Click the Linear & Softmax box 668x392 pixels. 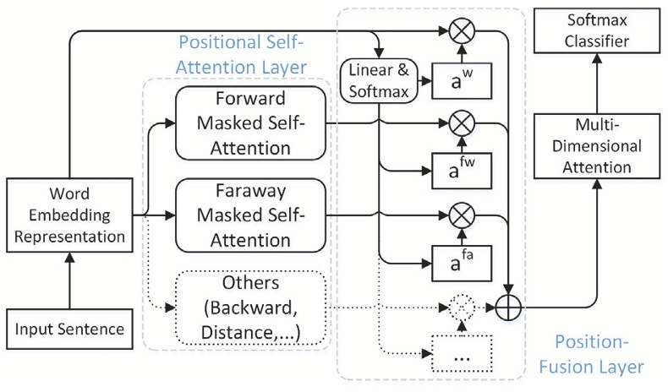[379, 81]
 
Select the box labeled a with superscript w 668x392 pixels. [462, 83]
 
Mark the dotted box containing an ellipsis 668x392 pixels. [462, 354]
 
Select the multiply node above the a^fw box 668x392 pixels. [462, 124]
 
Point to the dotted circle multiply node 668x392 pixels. [462, 305]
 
